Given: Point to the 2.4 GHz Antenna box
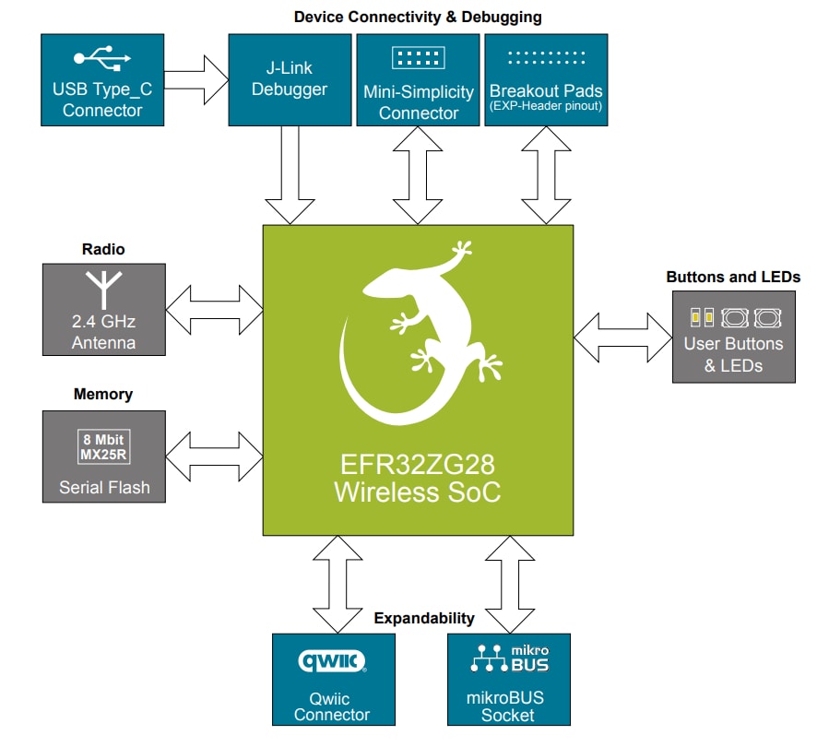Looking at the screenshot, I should click(104, 309).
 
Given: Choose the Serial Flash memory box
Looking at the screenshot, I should click(104, 456).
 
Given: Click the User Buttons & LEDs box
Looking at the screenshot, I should click(733, 337).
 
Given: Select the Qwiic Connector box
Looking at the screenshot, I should click(333, 679).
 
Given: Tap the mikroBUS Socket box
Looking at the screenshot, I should click(508, 679).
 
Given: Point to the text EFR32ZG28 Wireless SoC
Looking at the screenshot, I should click(418, 479).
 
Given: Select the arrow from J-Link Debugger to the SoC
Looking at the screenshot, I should click(290, 175).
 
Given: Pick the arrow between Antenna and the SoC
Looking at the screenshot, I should click(214, 309).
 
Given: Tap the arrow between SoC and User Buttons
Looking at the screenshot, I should click(622, 337).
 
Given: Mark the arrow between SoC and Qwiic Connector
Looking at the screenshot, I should click(333, 584).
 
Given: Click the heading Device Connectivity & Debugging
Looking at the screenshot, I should click(418, 17).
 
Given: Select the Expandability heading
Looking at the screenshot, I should click(424, 618).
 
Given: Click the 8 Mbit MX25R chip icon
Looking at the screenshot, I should click(102, 446).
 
